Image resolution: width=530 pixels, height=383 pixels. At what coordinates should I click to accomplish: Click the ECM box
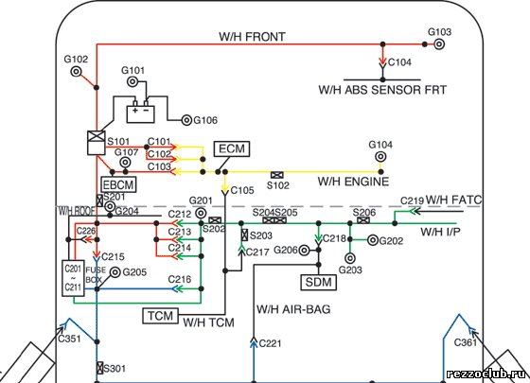[232, 148]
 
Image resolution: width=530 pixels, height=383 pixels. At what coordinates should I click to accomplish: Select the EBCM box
[118, 184]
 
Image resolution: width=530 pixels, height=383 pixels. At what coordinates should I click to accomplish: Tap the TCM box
[160, 316]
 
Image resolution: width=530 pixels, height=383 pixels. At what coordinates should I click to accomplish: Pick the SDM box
[318, 282]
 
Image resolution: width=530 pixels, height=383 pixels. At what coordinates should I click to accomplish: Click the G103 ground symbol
[439, 44]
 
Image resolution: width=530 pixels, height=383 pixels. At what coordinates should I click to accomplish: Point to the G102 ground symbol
[76, 72]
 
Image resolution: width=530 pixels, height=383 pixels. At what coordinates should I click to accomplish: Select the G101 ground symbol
[132, 81]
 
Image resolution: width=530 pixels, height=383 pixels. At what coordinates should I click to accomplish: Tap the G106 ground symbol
[186, 120]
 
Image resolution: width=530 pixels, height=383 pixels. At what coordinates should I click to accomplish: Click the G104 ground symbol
[380, 157]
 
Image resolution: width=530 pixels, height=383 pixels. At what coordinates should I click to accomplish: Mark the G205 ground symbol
[115, 272]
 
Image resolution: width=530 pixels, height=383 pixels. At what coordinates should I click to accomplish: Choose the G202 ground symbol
[373, 240]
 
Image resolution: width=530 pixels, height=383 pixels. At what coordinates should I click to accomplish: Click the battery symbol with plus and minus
[141, 112]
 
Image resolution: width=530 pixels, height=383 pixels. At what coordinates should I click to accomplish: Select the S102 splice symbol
[277, 175]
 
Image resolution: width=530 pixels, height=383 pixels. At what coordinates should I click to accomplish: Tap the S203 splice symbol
[245, 235]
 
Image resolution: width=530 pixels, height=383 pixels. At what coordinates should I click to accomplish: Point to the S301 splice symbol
[99, 368]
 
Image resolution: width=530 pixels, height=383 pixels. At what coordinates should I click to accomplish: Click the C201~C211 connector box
[74, 279]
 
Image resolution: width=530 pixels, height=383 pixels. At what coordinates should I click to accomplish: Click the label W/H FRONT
[252, 37]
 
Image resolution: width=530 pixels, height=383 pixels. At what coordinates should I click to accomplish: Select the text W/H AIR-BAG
[293, 309]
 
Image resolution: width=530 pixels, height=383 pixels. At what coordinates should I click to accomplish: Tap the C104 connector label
[399, 62]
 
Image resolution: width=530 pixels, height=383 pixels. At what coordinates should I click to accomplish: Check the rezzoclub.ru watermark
[486, 374]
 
